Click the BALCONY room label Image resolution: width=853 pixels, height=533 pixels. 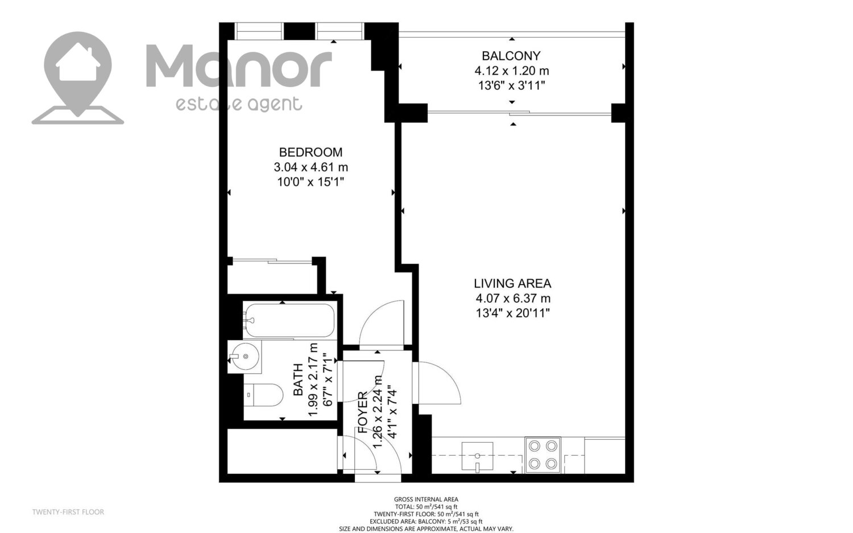(511, 56)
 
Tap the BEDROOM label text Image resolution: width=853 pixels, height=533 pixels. (310, 152)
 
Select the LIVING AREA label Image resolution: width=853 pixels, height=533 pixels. (512, 283)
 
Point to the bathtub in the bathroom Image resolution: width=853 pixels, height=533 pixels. (290, 320)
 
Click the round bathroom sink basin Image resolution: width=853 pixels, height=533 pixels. (246, 356)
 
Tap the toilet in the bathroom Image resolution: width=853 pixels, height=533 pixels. (263, 395)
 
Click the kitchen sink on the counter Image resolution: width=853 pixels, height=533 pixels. (477, 456)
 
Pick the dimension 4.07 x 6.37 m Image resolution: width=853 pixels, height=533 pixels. (513, 298)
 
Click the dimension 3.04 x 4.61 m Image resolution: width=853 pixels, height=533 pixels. (310, 167)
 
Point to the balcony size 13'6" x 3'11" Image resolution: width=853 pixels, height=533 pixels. (511, 86)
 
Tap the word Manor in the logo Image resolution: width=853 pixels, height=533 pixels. (239, 65)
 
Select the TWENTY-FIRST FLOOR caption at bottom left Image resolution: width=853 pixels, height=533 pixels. (68, 512)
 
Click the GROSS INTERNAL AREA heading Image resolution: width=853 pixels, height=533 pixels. (426, 499)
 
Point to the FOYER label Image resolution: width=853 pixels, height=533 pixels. (363, 412)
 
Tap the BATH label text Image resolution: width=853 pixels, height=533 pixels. (298, 379)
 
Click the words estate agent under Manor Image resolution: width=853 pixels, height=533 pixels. (239, 104)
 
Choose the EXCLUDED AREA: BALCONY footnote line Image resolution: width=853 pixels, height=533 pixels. (426, 522)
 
